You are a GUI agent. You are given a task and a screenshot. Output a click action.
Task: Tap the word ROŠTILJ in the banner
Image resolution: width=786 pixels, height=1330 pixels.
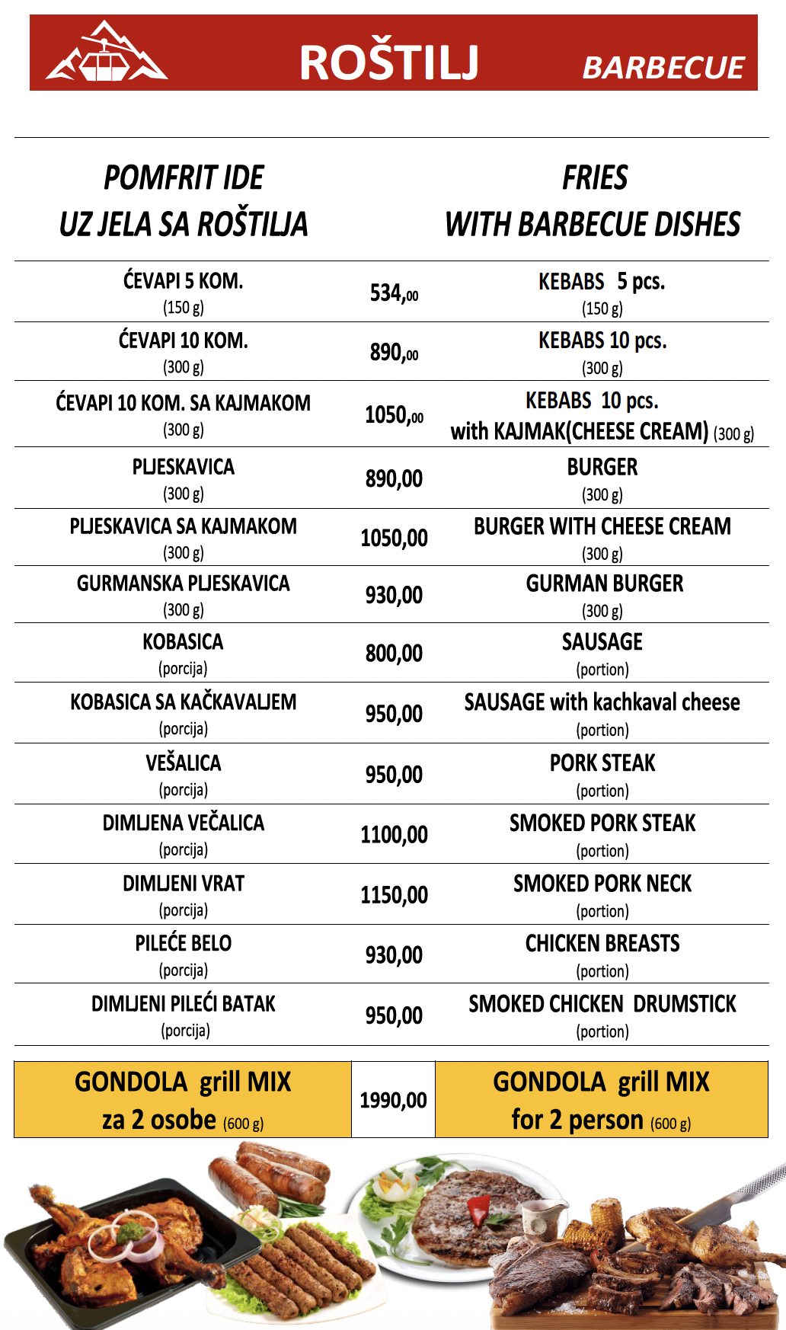(x=389, y=62)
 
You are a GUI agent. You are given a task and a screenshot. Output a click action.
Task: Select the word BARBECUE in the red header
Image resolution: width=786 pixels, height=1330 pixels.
(x=663, y=68)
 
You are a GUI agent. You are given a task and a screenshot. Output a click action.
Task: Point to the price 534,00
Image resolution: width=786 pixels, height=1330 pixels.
(x=394, y=293)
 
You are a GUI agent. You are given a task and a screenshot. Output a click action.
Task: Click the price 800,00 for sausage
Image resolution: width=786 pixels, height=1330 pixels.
(x=394, y=654)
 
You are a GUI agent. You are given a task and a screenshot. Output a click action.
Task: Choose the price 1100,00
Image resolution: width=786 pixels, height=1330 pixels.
(x=394, y=835)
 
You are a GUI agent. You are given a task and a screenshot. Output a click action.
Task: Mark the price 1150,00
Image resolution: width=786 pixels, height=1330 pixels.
(x=394, y=895)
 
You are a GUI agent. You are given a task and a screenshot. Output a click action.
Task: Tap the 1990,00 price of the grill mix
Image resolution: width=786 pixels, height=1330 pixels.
(x=393, y=1100)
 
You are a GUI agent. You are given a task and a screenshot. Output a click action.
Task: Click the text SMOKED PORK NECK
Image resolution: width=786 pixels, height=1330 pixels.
(x=602, y=884)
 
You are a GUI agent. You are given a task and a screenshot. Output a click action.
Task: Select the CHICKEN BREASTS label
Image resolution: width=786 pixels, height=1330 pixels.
(x=602, y=944)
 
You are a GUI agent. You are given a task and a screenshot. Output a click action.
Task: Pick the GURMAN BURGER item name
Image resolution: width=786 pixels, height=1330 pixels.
(x=605, y=583)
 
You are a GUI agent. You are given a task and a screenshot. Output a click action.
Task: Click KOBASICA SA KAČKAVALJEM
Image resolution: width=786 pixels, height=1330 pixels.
(x=184, y=702)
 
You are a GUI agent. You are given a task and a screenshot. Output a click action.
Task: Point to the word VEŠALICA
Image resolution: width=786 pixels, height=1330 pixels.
(x=184, y=763)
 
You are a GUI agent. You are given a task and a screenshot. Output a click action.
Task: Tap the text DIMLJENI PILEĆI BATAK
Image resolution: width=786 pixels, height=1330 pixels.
(x=184, y=1004)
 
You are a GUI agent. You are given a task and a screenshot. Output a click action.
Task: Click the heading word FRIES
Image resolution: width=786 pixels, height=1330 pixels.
(x=595, y=177)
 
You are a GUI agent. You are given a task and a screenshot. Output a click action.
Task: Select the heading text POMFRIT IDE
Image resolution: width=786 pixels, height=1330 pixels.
(x=184, y=177)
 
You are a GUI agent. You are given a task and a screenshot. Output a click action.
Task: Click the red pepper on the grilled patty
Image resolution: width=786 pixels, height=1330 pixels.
(x=478, y=1207)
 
